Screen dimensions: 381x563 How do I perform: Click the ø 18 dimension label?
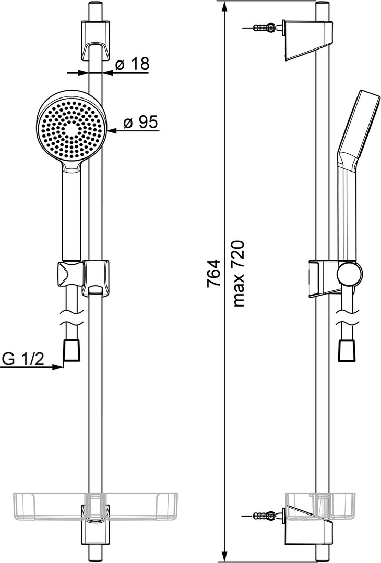(132, 64)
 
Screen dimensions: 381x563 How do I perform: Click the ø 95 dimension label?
(140, 123)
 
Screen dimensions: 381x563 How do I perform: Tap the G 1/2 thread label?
(23, 359)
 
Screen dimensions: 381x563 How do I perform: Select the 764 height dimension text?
(213, 273)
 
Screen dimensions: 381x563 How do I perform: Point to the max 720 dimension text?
(239, 274)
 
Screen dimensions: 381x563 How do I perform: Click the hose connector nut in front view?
(73, 350)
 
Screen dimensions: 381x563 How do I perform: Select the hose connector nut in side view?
(347, 350)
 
